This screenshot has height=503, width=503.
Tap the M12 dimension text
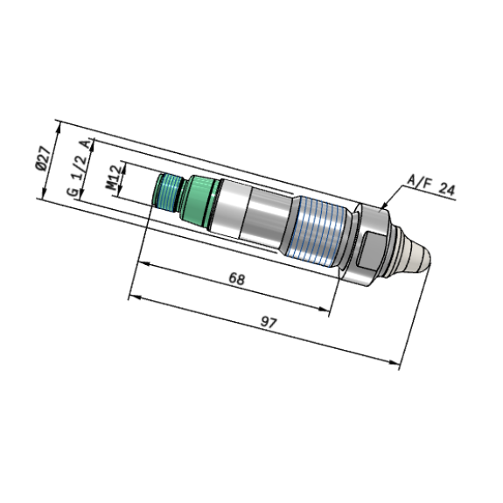(114, 178)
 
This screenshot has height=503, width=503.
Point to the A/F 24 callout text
(430, 185)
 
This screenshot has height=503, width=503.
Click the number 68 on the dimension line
(237, 279)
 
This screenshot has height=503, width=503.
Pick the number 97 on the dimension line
(268, 322)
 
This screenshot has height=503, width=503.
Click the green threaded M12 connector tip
(167, 192)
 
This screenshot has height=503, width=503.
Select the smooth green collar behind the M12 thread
(199, 200)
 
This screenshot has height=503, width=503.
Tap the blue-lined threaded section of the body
(318, 230)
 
